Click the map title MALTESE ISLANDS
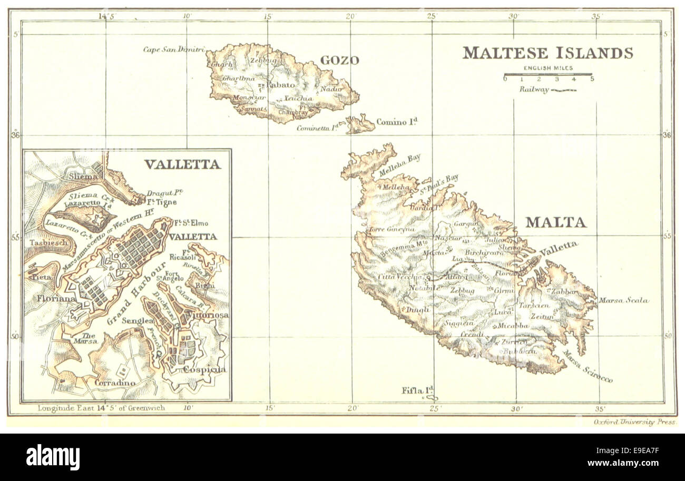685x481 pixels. coord(547,53)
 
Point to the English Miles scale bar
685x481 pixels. coord(548,75)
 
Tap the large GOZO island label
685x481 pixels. coord(339,61)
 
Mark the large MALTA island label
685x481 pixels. coord(555,222)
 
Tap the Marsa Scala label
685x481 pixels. coord(623,301)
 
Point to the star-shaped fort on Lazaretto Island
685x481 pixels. coord(96,217)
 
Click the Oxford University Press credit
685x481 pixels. coord(634,422)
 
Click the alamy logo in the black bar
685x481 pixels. coord(53,457)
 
